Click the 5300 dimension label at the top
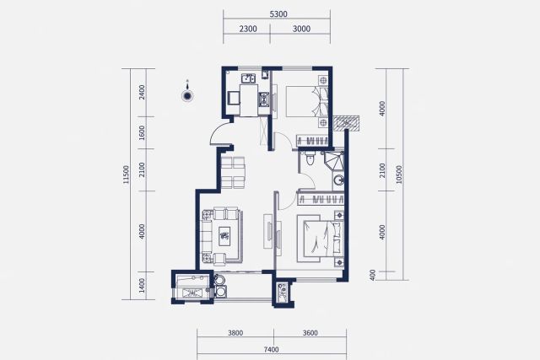coord(278,14)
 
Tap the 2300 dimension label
coord(248,29)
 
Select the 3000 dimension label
coord(301,29)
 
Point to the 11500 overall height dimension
coord(126,175)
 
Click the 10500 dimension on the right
coord(399,175)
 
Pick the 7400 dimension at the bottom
coord(271,350)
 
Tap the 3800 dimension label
coord(235,333)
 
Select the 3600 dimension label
coord(310,333)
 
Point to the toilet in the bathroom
coord(310,159)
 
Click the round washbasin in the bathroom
coord(338,180)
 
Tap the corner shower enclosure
coord(333,161)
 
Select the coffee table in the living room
coord(224,236)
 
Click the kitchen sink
coord(248,78)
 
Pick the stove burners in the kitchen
coord(264,99)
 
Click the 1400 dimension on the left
coord(142,286)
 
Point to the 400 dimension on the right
coord(372,275)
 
